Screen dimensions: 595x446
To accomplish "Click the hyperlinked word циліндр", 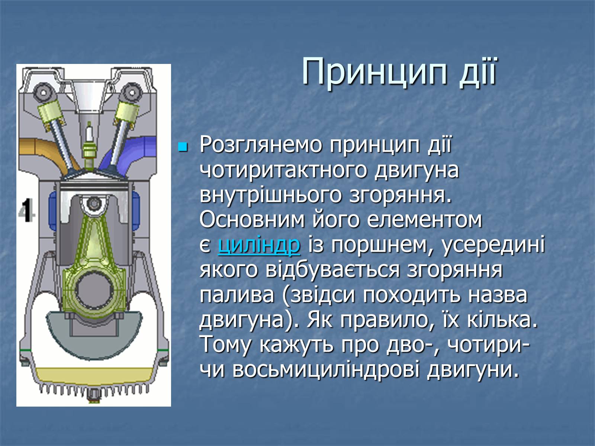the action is pos(259,245).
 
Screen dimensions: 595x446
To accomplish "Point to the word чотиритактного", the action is pos(283,171).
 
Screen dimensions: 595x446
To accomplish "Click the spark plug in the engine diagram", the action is pos(88,143).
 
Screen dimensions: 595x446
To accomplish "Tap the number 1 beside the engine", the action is pos(27,210).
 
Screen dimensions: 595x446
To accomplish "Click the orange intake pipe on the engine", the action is pos(45,152).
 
